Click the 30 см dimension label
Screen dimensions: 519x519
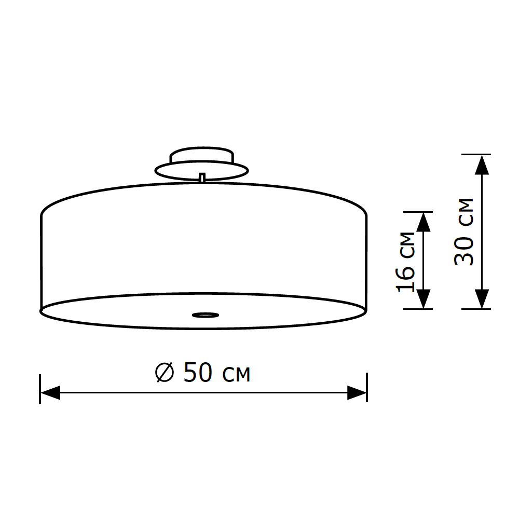(463, 231)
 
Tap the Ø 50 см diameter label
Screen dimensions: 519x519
(203, 373)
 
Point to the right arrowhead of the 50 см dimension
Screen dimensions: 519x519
(357, 393)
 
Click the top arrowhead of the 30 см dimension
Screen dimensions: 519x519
(483, 165)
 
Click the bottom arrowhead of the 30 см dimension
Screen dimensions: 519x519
(483, 298)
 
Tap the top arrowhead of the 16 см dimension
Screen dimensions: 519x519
(424, 222)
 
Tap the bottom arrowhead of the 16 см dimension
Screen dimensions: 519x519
(424, 299)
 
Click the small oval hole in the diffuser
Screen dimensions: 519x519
(205, 314)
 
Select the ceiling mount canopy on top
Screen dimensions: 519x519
(202, 163)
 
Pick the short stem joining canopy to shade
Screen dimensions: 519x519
(202, 178)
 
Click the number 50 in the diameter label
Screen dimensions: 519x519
(198, 373)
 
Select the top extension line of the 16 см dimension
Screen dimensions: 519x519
(418, 212)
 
